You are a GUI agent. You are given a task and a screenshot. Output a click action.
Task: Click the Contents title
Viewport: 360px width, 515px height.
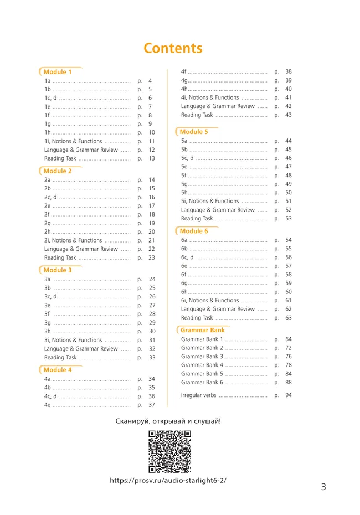pyautogui.click(x=173, y=48)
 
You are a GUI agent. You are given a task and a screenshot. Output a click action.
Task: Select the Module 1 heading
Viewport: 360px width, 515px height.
pyautogui.click(x=58, y=72)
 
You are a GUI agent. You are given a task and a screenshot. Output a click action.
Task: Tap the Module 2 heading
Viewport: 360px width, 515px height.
pyautogui.click(x=58, y=171)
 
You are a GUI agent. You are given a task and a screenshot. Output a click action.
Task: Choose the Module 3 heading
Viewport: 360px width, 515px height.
pyautogui.click(x=58, y=270)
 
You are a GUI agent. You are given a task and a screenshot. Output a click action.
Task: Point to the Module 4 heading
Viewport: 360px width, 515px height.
pyautogui.click(x=58, y=370)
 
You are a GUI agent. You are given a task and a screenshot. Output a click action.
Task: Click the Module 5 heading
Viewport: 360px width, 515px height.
pyautogui.click(x=194, y=132)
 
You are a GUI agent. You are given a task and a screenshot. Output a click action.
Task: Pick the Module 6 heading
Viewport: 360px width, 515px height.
pyautogui.click(x=194, y=231)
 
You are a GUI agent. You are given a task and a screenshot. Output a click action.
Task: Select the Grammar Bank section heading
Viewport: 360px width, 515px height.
pyautogui.click(x=203, y=330)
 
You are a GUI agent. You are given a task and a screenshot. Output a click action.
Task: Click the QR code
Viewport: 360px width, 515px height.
pyautogui.click(x=170, y=451)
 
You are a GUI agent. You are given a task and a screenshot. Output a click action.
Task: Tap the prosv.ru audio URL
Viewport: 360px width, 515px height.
pyautogui.click(x=168, y=480)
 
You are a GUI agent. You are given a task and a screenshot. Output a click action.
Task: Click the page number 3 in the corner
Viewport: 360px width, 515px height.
pyautogui.click(x=323, y=487)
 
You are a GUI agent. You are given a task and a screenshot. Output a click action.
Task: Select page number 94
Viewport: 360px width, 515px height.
pyautogui.click(x=289, y=395)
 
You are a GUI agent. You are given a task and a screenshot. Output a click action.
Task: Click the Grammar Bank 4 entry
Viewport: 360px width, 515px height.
pyautogui.click(x=202, y=365)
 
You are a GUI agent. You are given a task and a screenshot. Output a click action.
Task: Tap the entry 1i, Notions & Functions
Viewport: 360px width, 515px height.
pyautogui.click(x=73, y=141)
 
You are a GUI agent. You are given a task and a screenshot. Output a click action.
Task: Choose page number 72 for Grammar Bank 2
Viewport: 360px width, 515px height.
pyautogui.click(x=289, y=348)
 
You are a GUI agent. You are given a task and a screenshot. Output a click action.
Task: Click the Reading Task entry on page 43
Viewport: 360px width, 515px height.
pyautogui.click(x=197, y=115)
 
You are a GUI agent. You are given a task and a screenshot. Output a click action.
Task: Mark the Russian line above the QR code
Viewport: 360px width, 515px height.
pyautogui.click(x=168, y=421)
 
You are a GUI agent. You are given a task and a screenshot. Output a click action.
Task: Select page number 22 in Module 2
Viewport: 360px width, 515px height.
pyautogui.click(x=152, y=249)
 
